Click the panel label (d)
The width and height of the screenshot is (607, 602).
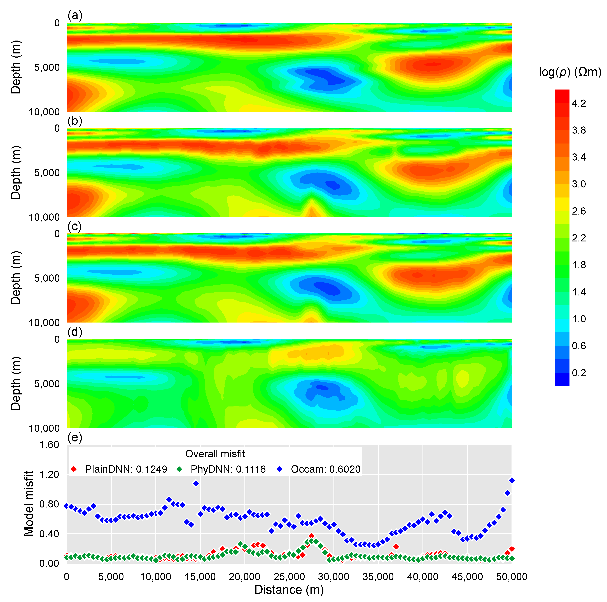[x=75, y=332]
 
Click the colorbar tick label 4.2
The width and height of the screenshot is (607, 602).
[x=579, y=103]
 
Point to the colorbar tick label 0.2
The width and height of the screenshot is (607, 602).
[x=579, y=373]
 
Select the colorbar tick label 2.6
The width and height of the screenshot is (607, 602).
[x=579, y=211]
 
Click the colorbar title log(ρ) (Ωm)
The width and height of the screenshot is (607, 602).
[x=570, y=72]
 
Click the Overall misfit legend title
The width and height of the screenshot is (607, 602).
[x=215, y=454]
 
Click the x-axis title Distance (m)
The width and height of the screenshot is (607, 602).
[x=289, y=589]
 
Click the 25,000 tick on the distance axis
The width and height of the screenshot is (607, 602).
[x=289, y=577]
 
